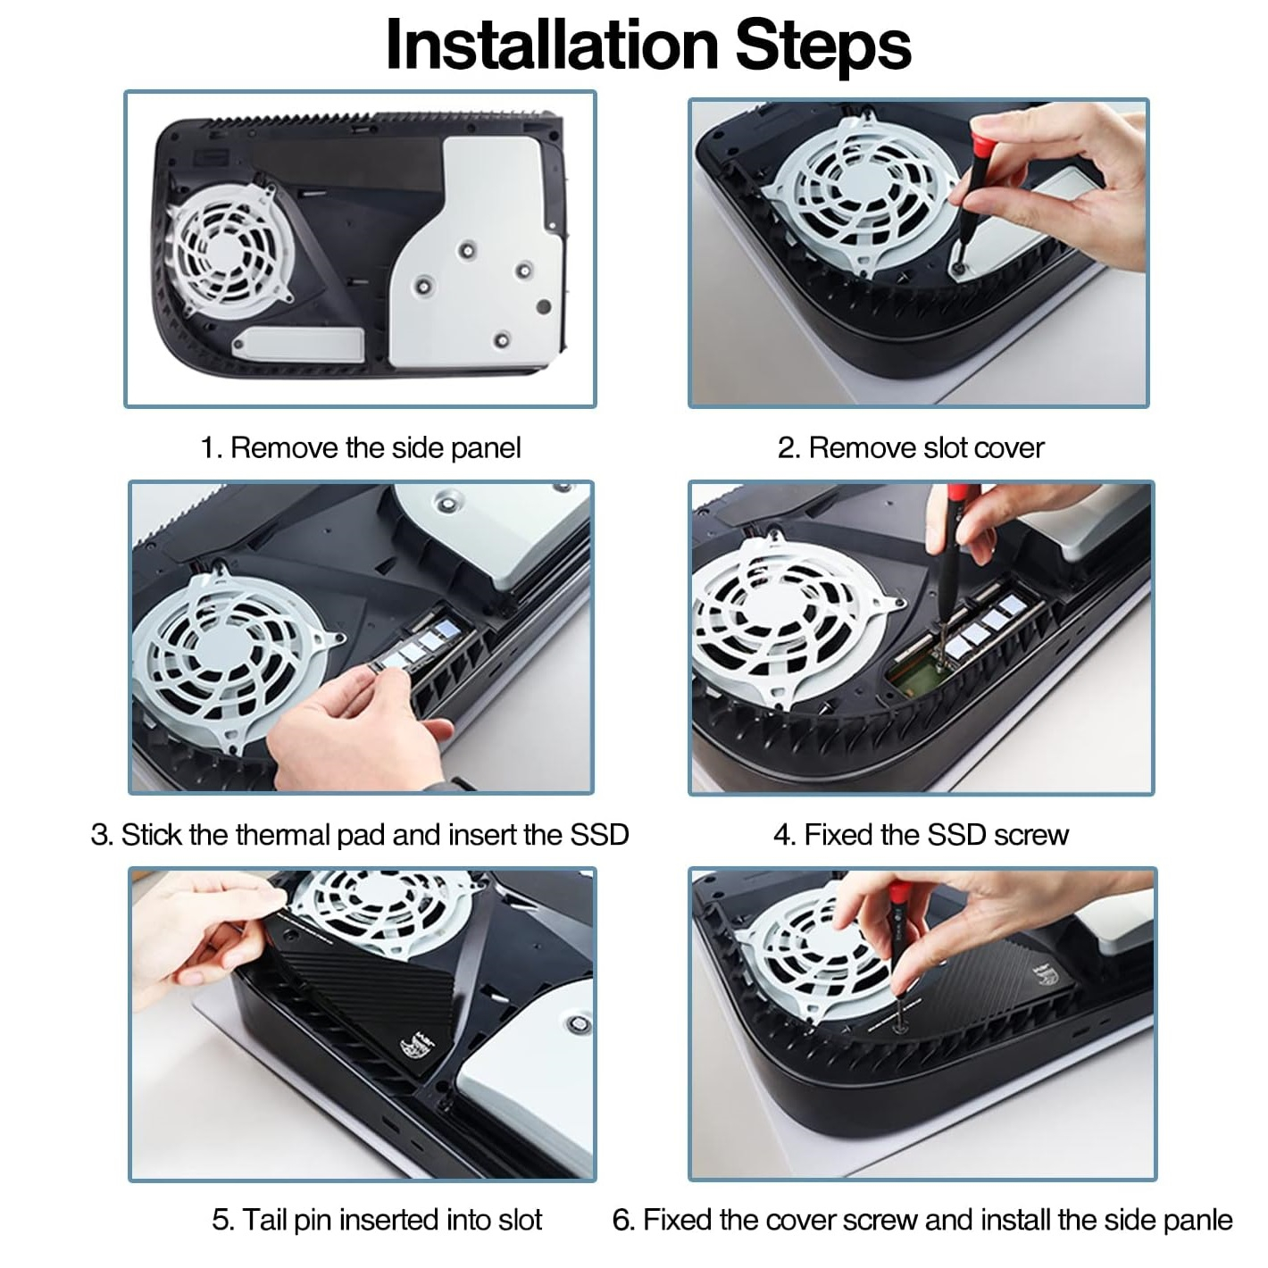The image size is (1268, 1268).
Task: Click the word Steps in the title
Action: [823, 45]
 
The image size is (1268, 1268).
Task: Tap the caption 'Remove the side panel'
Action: [375, 448]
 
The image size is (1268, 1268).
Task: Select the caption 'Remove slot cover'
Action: [926, 448]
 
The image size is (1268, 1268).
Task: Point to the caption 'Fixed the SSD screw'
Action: [937, 835]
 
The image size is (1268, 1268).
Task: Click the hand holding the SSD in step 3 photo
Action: [362, 727]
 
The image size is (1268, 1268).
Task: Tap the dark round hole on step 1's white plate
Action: [544, 306]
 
